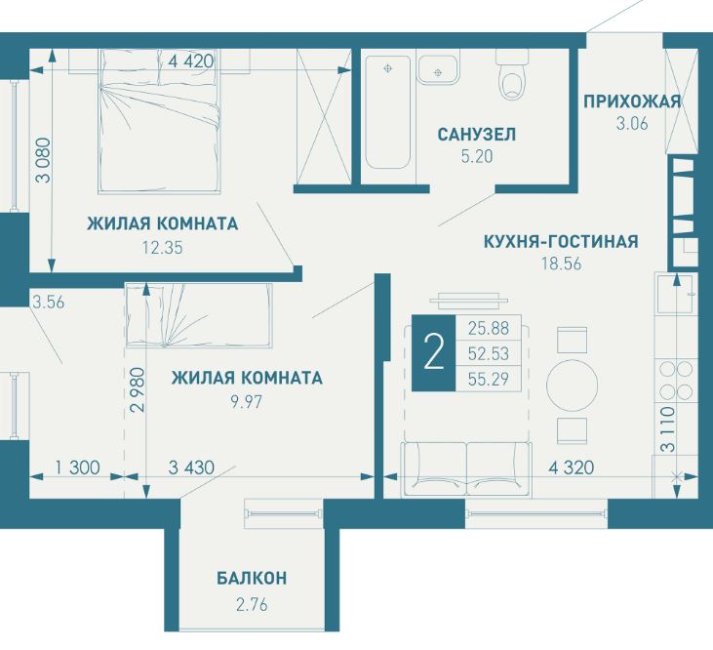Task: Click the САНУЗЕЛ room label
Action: (477, 135)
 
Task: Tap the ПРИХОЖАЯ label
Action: (632, 102)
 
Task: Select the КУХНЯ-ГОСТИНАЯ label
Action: (561, 241)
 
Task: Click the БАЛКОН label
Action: (252, 578)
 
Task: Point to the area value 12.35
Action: (162, 248)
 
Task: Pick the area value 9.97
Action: (247, 402)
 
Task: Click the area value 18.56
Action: (561, 264)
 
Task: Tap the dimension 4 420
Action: (191, 61)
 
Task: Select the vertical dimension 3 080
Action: (45, 160)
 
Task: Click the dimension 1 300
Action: (77, 467)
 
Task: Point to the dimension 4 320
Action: (572, 467)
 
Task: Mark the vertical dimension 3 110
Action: (668, 429)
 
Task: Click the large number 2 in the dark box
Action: (433, 353)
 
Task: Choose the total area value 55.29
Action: (489, 379)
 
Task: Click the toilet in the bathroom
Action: (512, 76)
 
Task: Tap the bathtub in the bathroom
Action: (388, 112)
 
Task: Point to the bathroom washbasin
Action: (438, 69)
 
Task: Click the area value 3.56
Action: (49, 302)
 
